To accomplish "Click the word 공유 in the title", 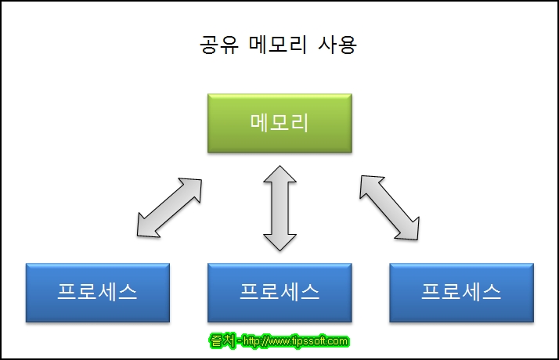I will click(x=215, y=45).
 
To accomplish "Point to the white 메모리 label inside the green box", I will click(x=279, y=123).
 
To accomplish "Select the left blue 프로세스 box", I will click(x=98, y=292).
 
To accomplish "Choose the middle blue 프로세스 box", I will click(x=279, y=292).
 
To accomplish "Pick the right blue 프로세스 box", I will click(x=460, y=292).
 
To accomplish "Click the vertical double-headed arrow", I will click(x=279, y=207).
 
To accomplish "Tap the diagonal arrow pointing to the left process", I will click(x=168, y=207).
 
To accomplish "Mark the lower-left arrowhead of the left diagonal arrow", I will click(x=146, y=226).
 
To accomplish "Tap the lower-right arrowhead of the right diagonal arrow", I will click(x=412, y=228).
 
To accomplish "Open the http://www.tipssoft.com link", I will click(x=295, y=341).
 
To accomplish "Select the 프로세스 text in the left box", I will click(x=98, y=292).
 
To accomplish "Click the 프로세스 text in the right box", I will click(x=460, y=292).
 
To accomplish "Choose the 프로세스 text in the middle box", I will click(x=279, y=292).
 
